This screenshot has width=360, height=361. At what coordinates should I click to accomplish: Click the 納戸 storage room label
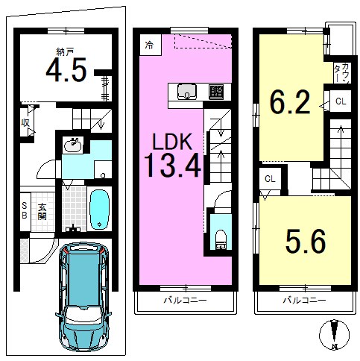(x=65, y=51)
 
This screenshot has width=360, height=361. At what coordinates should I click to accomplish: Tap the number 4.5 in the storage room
(x=66, y=70)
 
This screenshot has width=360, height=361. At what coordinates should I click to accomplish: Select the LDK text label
(x=172, y=141)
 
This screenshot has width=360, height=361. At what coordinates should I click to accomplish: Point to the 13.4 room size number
(x=172, y=165)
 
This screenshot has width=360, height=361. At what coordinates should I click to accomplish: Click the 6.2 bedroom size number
(x=290, y=101)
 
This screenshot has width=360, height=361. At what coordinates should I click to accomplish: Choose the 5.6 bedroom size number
(x=306, y=241)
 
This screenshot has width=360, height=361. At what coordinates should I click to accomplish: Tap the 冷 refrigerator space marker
(x=149, y=45)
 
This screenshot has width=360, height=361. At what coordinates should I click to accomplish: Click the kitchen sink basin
(x=187, y=92)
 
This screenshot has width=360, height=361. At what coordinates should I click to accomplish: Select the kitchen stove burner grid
(x=216, y=92)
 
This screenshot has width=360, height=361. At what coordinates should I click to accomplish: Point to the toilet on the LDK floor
(x=220, y=239)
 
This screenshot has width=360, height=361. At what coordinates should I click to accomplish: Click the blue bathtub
(x=99, y=210)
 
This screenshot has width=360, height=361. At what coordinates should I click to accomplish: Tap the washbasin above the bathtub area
(x=72, y=145)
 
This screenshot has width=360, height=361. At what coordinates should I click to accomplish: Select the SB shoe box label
(x=25, y=210)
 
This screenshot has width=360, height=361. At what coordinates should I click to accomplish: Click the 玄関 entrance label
(x=42, y=212)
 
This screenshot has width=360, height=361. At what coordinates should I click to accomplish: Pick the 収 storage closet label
(x=25, y=123)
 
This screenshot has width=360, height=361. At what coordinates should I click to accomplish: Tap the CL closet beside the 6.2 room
(x=341, y=101)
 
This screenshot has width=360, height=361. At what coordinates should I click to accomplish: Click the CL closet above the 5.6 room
(x=270, y=179)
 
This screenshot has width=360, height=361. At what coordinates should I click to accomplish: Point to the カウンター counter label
(x=342, y=72)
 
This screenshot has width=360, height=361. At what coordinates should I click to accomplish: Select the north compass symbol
(x=335, y=334)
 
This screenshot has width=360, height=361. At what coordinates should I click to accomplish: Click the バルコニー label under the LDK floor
(x=185, y=301)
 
